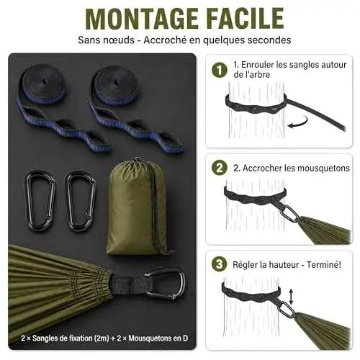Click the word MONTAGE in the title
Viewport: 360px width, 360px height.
[x=142, y=19]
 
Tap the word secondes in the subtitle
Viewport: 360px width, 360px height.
[x=269, y=40]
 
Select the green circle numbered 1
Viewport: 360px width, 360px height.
[x=220, y=70]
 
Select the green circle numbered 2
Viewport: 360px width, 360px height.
[x=220, y=168]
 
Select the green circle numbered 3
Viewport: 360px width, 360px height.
[x=220, y=264]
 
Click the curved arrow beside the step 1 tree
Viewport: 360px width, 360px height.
[x=298, y=122]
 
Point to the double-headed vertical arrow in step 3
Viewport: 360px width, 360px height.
[x=291, y=297]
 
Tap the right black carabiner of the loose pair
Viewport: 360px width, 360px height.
[x=81, y=200]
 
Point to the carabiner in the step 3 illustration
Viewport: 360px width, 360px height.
[x=287, y=310]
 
